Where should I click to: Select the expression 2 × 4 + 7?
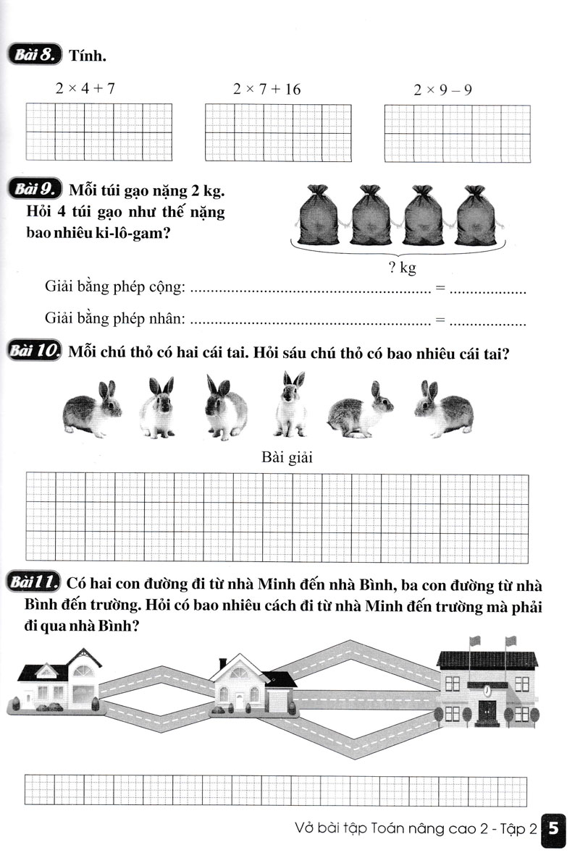point(85,89)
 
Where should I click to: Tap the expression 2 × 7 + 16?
point(266,89)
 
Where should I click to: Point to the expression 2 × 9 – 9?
point(443,89)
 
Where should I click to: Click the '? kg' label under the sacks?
point(402,268)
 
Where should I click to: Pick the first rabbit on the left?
point(93,409)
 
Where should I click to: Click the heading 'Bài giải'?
point(285,457)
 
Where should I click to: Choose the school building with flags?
point(487,680)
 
